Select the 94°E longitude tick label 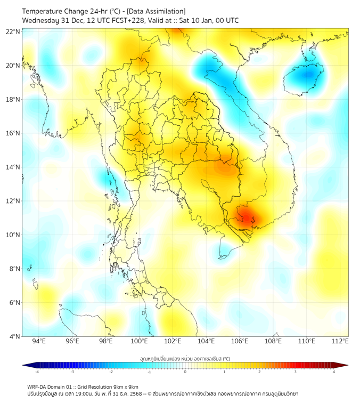point(39,341)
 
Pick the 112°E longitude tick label point(340,341)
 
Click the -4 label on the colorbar point(37,372)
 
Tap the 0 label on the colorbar point(185,372)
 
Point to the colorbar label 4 point(334,372)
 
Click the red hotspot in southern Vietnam point(248,216)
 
